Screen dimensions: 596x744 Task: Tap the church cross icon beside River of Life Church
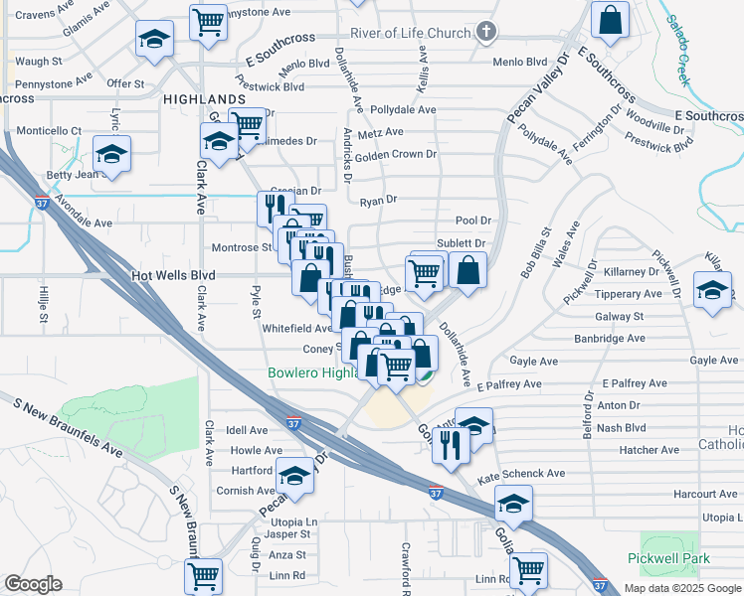(x=485, y=33)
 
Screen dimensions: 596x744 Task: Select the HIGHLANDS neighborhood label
(x=203, y=99)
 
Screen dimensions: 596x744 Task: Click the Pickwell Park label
(x=667, y=559)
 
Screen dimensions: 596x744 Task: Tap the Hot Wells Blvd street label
(x=174, y=277)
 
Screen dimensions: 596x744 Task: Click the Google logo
(x=33, y=584)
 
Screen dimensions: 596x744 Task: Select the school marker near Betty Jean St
(x=112, y=154)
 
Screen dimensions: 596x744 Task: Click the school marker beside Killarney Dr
(x=711, y=291)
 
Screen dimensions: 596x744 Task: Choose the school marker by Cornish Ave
(x=294, y=478)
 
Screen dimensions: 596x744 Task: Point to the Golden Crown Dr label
(x=396, y=154)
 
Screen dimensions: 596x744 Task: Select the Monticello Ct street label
(x=49, y=130)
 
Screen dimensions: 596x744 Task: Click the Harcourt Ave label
(x=704, y=494)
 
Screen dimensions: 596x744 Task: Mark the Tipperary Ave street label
(x=628, y=294)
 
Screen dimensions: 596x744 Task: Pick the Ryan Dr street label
(x=378, y=200)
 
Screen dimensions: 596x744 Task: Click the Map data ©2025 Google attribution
(x=681, y=588)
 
